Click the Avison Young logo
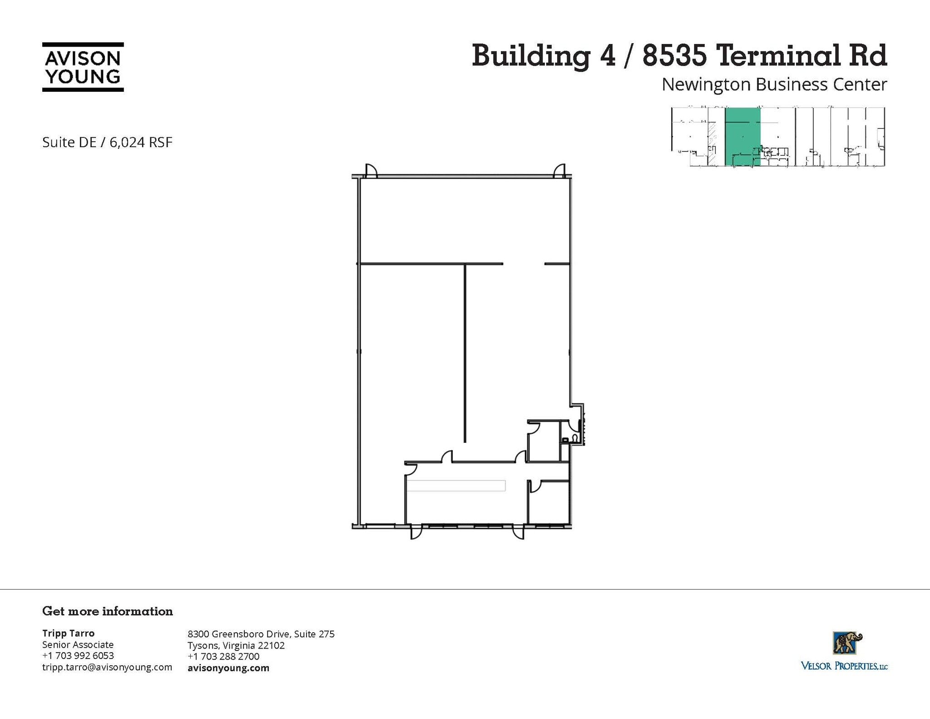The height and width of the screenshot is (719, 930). [x=83, y=67]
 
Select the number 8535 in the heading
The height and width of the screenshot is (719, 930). [x=675, y=55]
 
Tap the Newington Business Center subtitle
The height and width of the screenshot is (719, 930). [x=774, y=84]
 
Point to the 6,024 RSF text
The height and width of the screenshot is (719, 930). [x=141, y=142]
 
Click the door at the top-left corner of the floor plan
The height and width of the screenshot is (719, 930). [x=371, y=170]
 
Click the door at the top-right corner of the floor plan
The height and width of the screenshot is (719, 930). [x=559, y=170]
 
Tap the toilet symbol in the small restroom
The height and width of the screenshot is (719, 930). [x=575, y=438]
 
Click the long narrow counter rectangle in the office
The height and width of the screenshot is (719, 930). [x=456, y=486]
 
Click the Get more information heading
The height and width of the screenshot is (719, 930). [x=108, y=611]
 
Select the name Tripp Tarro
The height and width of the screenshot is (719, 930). [x=68, y=633]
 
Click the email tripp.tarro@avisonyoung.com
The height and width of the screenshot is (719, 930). [x=107, y=667]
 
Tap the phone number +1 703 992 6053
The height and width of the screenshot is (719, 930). [x=78, y=655]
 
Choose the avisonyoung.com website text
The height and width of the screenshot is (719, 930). [x=228, y=668]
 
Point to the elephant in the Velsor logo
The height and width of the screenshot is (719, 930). [x=847, y=643]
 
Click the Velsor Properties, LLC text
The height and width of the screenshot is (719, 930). [x=844, y=666]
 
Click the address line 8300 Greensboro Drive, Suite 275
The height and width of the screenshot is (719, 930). [x=261, y=634]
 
